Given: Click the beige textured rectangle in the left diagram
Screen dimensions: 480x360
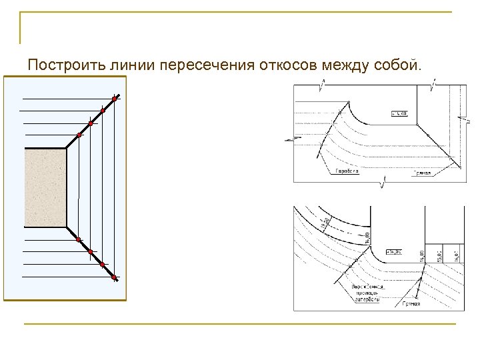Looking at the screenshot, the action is click(x=45, y=187).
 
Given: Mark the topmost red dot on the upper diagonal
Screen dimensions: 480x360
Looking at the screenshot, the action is click(x=115, y=99).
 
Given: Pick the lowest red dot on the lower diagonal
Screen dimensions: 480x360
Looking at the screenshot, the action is click(x=115, y=277).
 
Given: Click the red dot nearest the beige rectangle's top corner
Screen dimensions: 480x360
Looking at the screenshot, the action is click(x=79, y=135).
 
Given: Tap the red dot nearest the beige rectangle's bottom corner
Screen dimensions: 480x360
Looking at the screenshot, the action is click(x=79, y=239).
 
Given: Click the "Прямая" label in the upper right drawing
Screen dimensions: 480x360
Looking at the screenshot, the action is click(x=421, y=173).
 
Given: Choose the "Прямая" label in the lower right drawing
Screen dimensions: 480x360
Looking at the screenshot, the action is click(x=411, y=304).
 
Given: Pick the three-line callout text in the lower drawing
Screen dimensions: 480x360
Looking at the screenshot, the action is click(x=367, y=293).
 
